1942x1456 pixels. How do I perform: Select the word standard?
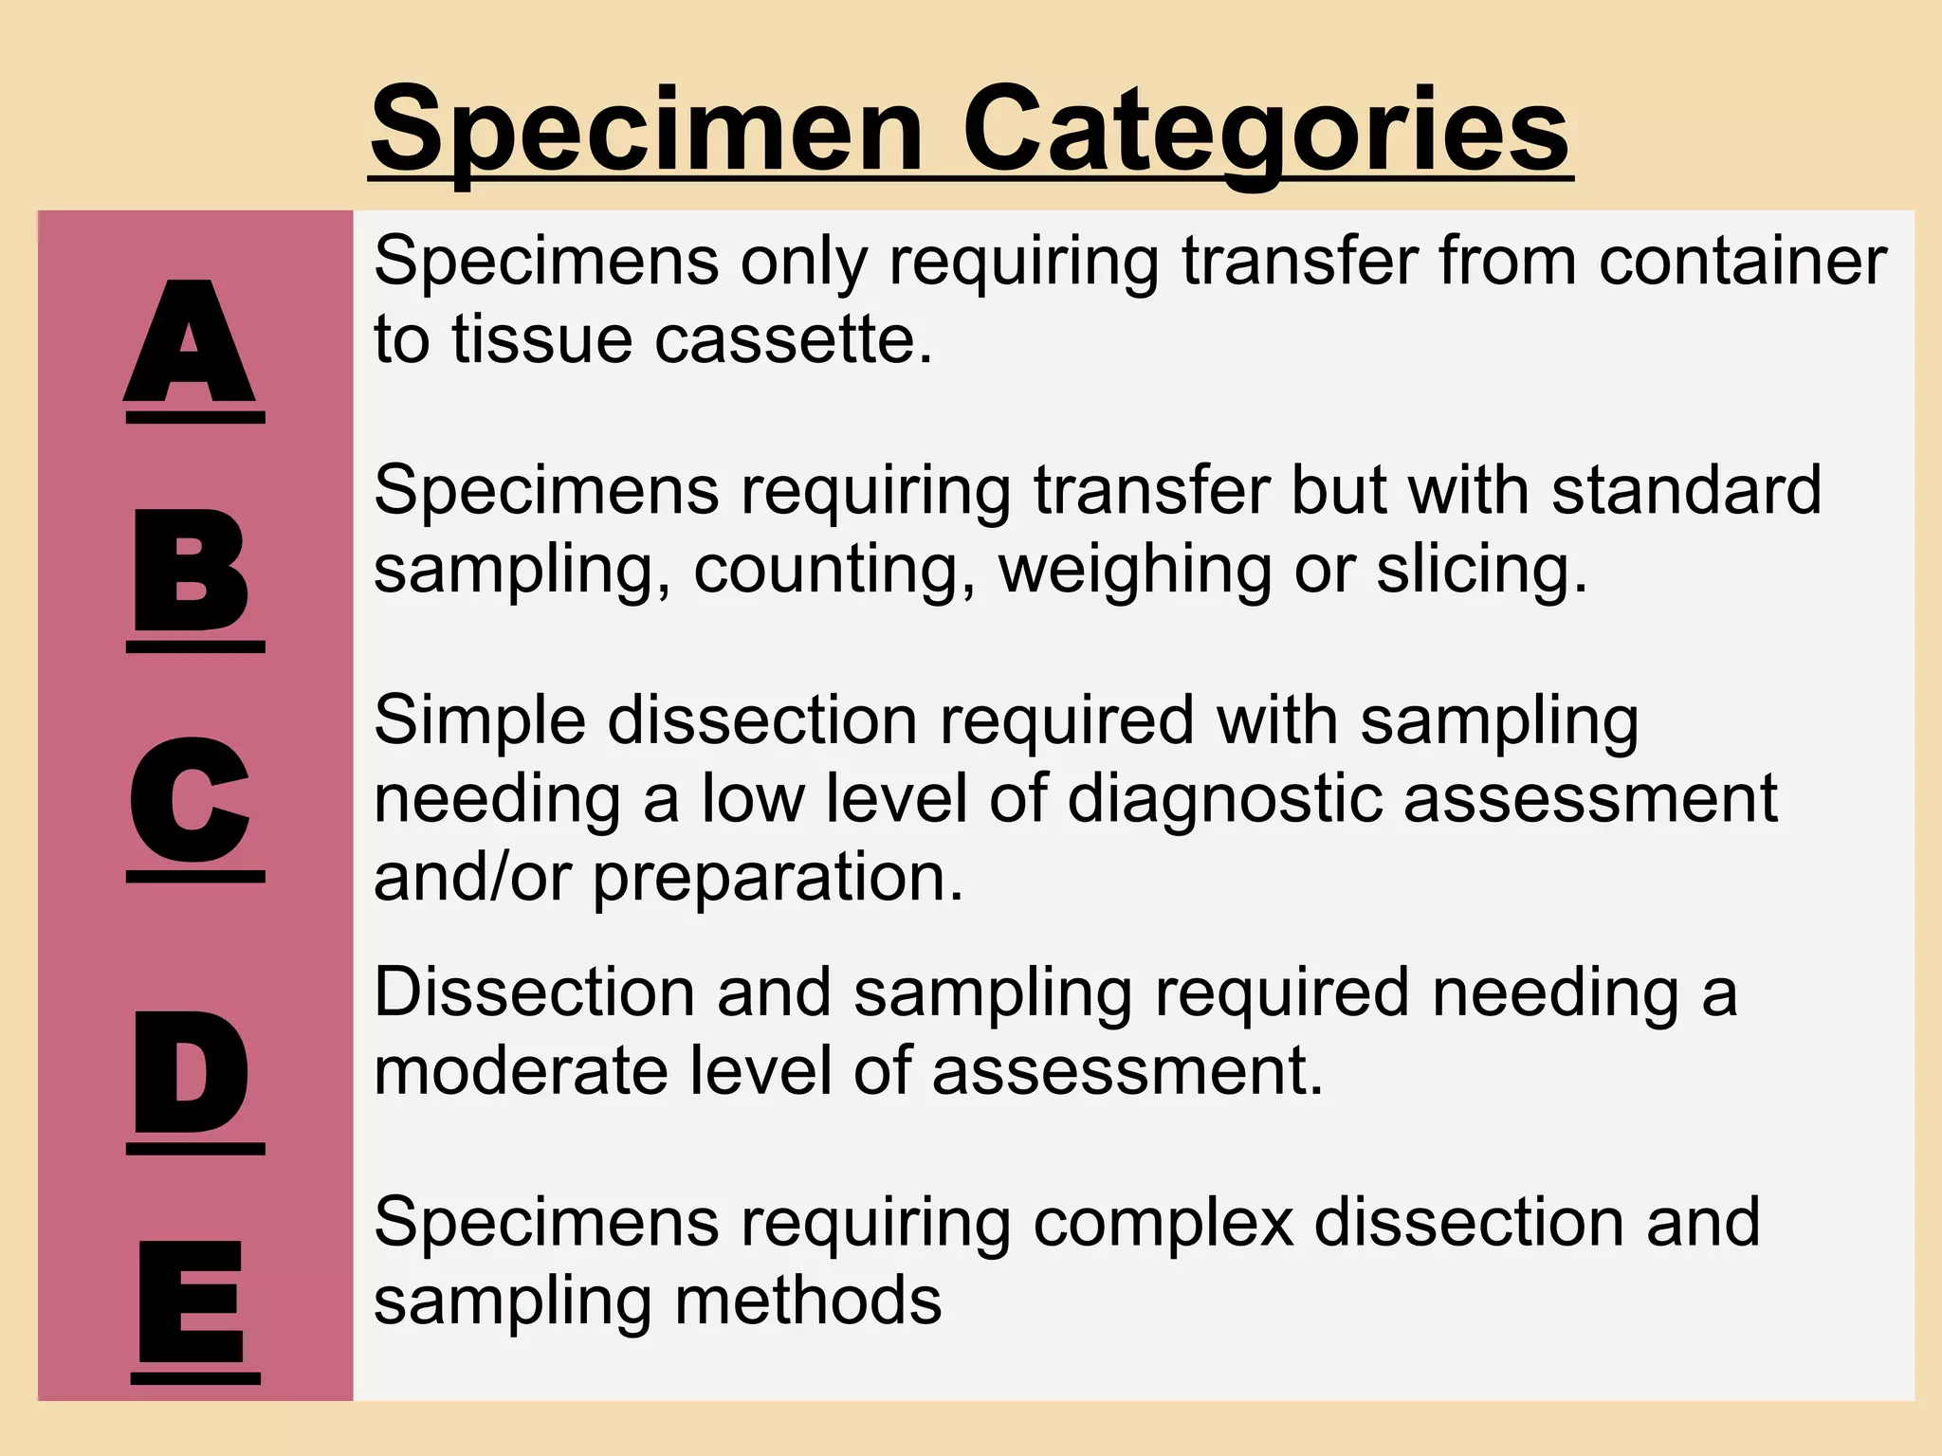click(1687, 489)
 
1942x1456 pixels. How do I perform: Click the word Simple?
click(480, 721)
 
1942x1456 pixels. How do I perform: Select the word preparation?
click(778, 878)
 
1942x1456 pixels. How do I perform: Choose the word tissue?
click(541, 338)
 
